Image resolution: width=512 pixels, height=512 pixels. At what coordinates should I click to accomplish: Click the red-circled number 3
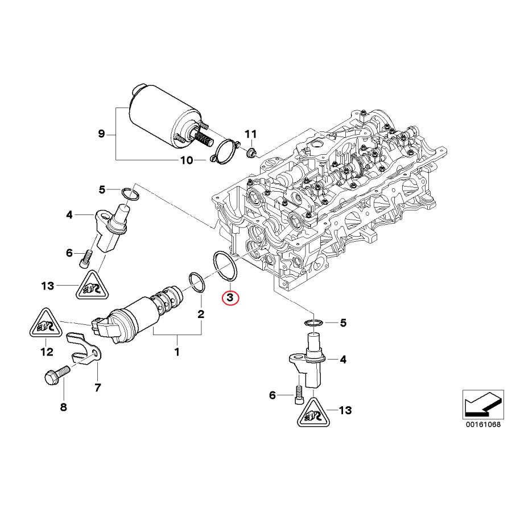click(x=231, y=298)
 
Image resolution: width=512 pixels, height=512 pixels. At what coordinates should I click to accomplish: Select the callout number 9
click(x=101, y=134)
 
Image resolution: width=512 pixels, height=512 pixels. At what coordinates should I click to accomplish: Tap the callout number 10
click(x=187, y=160)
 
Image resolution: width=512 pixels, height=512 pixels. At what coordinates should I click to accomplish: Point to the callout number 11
click(x=251, y=134)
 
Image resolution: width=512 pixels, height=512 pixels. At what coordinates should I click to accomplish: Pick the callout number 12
click(x=46, y=352)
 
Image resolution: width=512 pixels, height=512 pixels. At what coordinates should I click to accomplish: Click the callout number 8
click(x=63, y=407)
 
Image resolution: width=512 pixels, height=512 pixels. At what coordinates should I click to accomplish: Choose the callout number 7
click(x=97, y=388)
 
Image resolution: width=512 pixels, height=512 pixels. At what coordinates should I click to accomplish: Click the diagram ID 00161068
click(x=482, y=424)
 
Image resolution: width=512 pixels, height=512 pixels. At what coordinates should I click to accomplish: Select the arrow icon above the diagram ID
click(x=482, y=403)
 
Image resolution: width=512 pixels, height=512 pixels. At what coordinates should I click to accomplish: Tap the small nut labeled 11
click(x=250, y=151)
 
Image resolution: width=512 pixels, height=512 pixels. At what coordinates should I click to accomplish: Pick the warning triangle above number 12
click(x=44, y=325)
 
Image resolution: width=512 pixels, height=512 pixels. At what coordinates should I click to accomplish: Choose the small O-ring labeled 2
click(x=196, y=282)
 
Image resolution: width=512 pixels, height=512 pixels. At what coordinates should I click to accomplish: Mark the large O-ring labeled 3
click(x=225, y=265)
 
